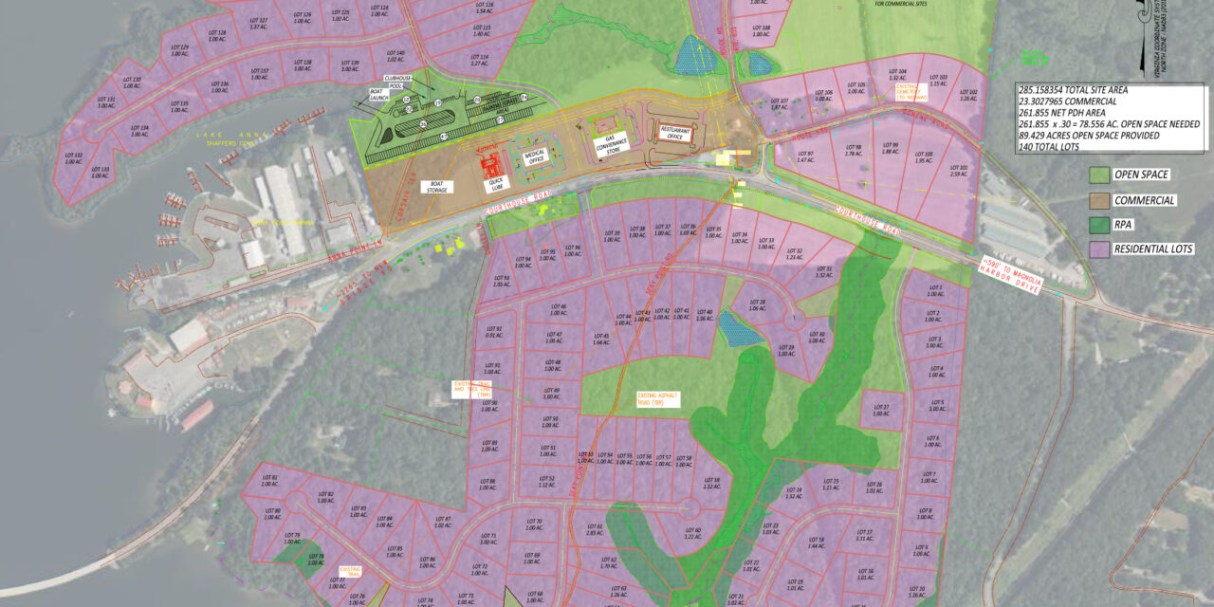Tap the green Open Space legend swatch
tap(1098, 175)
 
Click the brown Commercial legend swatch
tap(1098, 200)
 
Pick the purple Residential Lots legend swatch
tap(1098, 249)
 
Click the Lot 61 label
tap(595, 529)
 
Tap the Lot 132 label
tap(74, 157)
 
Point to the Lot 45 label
tap(601, 339)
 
